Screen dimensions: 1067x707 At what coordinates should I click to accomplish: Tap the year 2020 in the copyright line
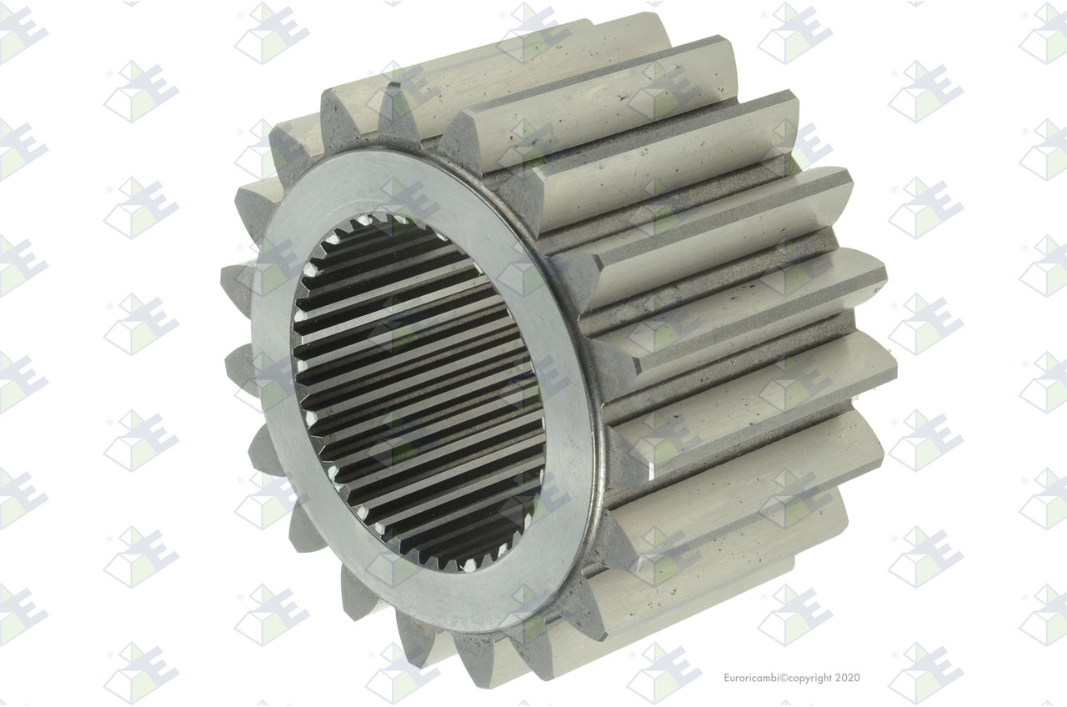pyautogui.click(x=848, y=678)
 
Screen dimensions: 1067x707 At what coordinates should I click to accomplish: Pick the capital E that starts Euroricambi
pyautogui.click(x=727, y=678)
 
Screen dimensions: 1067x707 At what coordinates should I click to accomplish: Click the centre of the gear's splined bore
pyautogui.click(x=418, y=392)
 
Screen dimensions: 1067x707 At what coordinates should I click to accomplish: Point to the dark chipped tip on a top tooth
pyautogui.click(x=395, y=87)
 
